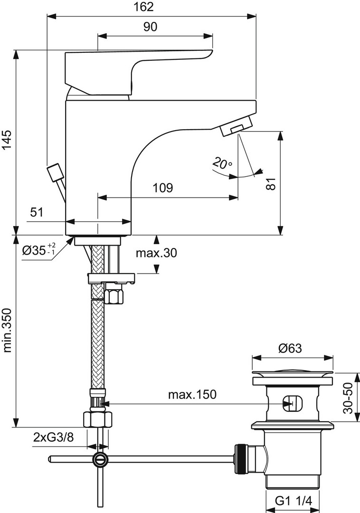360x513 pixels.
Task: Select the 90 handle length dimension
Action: pyautogui.click(x=150, y=27)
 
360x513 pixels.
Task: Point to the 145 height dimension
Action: pyautogui.click(x=7, y=139)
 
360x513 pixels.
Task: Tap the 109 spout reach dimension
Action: pyautogui.click(x=163, y=188)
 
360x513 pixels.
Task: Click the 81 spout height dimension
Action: pyautogui.click(x=271, y=184)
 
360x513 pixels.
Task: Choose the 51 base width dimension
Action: pyautogui.click(x=37, y=212)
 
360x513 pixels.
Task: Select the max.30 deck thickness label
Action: pyautogui.click(x=156, y=253)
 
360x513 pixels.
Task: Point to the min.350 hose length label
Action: pyautogui.click(x=7, y=331)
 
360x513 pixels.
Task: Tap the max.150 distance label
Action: pyautogui.click(x=192, y=395)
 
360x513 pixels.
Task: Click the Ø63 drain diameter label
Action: pyautogui.click(x=290, y=348)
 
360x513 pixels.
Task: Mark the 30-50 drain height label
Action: pyautogui.click(x=349, y=398)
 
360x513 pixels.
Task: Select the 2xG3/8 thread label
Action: pyautogui.click(x=54, y=437)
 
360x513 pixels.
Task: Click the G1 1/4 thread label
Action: pyautogui.click(x=294, y=501)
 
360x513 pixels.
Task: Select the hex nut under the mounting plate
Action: pyautogui.click(x=114, y=294)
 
